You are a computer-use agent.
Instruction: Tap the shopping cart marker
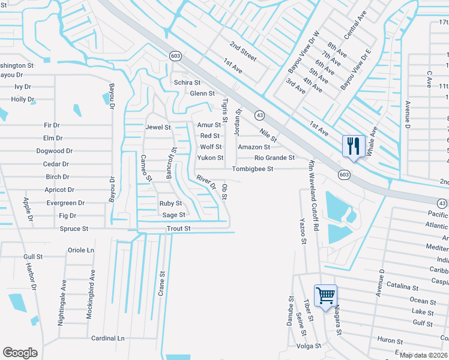pyautogui.click(x=325, y=295)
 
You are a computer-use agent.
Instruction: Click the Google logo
pyautogui.click(x=20, y=353)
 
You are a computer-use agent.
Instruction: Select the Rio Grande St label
pyautogui.click(x=274, y=158)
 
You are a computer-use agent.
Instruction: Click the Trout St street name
pyautogui.click(x=178, y=229)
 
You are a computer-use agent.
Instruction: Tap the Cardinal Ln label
pyautogui.click(x=107, y=338)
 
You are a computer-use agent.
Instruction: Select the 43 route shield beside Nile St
pyautogui.click(x=259, y=114)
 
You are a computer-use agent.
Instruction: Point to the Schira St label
pyautogui.click(x=187, y=82)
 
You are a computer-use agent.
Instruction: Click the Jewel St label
pyautogui.click(x=158, y=127)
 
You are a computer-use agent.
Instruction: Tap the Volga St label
pyautogui.click(x=309, y=346)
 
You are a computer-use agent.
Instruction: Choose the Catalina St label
pyautogui.click(x=402, y=284)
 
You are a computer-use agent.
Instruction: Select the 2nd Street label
pyautogui.click(x=243, y=52)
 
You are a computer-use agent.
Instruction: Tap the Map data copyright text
pyautogui.click(x=424, y=355)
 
